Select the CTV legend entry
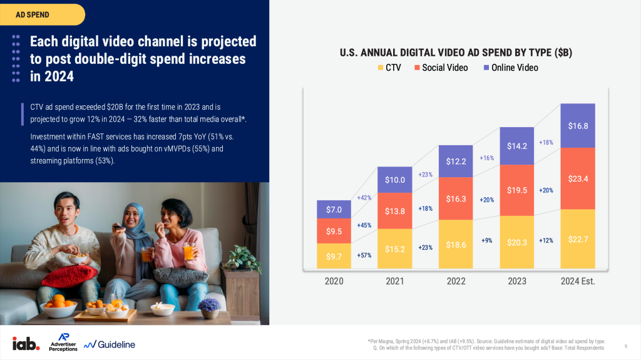click(x=389, y=68)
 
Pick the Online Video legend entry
click(x=510, y=68)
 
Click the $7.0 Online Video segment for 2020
click(x=334, y=209)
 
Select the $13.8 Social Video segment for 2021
click(x=394, y=211)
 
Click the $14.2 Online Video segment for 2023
click(x=516, y=147)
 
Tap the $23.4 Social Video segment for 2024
click(x=577, y=178)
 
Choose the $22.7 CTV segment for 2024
click(x=577, y=239)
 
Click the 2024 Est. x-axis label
click(x=577, y=281)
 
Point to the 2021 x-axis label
click(x=394, y=281)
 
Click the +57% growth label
click(x=364, y=255)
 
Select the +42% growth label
click(x=364, y=198)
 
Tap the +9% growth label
click(x=486, y=240)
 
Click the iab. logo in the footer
click(x=26, y=343)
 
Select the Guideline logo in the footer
click(x=110, y=344)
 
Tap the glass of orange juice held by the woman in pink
click(x=188, y=250)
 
